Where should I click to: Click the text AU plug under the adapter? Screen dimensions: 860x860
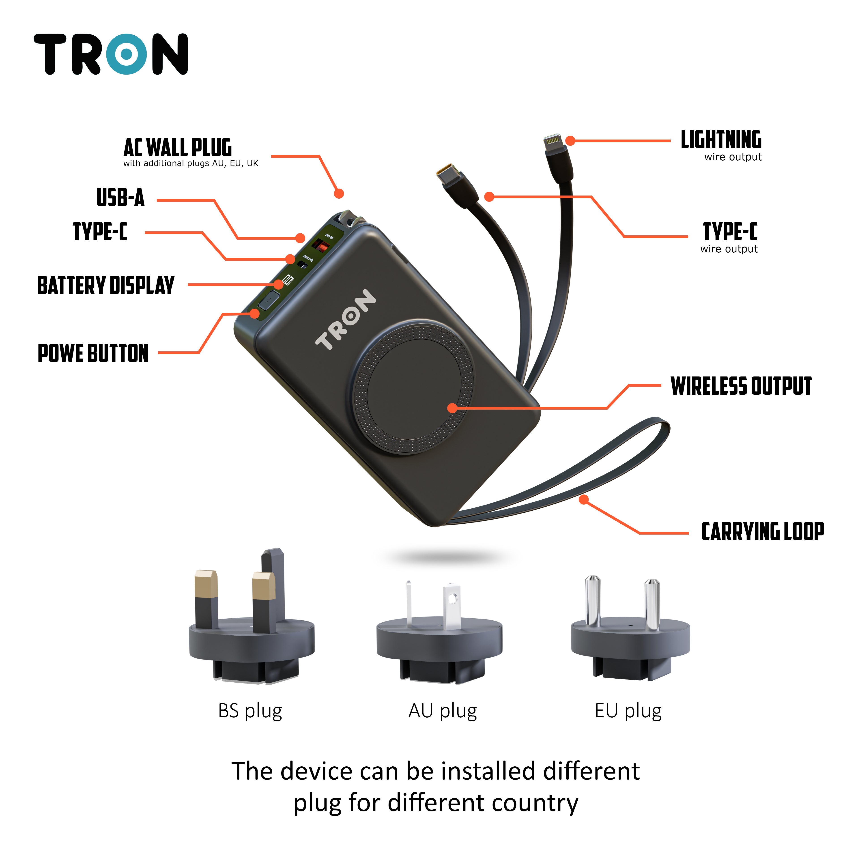coord(443,711)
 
